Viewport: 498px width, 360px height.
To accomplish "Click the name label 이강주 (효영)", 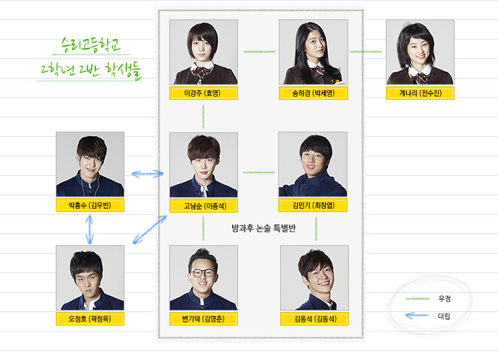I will [x=203, y=93].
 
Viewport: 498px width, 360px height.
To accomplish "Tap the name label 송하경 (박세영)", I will [x=313, y=93].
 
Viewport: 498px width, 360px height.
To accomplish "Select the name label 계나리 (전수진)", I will [x=420, y=93].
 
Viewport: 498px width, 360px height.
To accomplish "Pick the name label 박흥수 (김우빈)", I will [x=89, y=206].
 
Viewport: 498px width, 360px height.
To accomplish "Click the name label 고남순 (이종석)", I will [x=203, y=206].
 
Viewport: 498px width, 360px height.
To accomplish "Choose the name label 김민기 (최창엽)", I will [x=313, y=206].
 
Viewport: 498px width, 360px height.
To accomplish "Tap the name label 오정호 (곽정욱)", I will [x=89, y=318].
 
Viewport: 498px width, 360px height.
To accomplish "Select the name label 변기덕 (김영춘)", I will [x=203, y=318].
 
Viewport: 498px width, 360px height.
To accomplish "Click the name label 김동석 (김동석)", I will [x=314, y=318].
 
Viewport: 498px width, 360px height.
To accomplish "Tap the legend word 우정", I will [x=444, y=298].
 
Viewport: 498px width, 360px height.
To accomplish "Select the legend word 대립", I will [x=444, y=316].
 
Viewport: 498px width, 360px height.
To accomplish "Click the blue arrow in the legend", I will [x=417, y=316].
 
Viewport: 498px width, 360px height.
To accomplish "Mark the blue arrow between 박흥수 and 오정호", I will [x=89, y=230].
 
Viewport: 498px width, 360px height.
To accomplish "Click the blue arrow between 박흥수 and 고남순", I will [x=147, y=173].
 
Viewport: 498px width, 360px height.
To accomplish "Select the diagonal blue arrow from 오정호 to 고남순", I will [x=149, y=230].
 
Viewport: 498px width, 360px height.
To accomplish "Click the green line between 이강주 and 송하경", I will [x=258, y=51].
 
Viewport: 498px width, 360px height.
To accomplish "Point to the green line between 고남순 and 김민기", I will [x=258, y=173].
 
